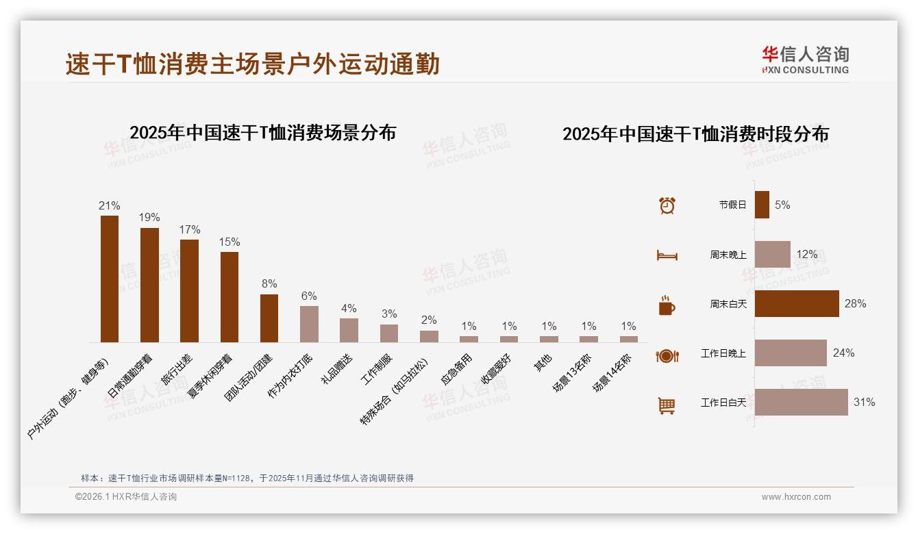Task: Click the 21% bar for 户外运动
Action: [x=110, y=279]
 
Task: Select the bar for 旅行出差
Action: [x=189, y=290]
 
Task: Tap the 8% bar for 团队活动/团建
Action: [x=269, y=318]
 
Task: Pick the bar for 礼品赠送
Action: [x=349, y=330]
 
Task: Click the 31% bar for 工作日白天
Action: [x=801, y=402]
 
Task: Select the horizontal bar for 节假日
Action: [x=762, y=205]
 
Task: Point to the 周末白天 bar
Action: [x=796, y=303]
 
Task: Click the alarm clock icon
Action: [x=667, y=205]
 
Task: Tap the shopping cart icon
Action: [x=667, y=405]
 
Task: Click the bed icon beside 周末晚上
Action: [x=667, y=255]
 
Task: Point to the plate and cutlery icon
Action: [x=667, y=355]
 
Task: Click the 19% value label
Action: [x=149, y=218]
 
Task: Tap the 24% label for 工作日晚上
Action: [x=843, y=353]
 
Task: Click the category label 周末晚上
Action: [x=728, y=255]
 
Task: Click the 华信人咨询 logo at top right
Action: [x=805, y=60]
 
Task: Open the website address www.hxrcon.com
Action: [x=796, y=497]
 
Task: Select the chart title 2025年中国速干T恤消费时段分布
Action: [x=695, y=133]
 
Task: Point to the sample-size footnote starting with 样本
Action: [x=247, y=478]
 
